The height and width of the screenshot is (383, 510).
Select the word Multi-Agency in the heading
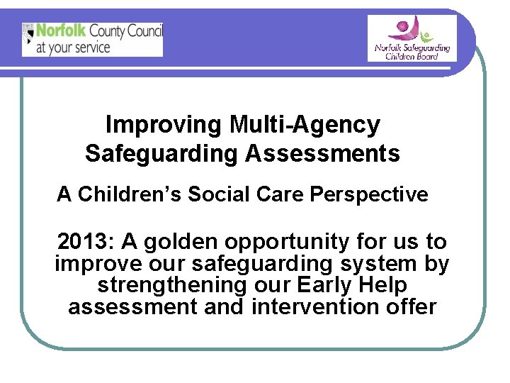(305, 125)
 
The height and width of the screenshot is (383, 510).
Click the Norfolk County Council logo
(92, 39)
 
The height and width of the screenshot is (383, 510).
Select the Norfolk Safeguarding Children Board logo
(412, 38)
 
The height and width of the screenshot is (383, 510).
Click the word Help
(382, 285)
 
